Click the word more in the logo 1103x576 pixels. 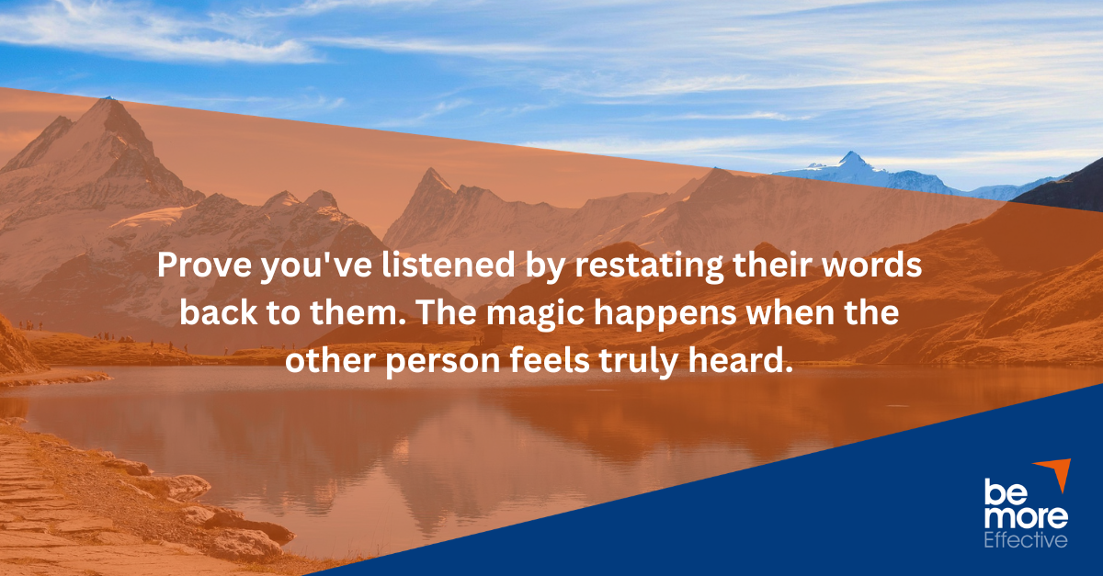pos(1026,518)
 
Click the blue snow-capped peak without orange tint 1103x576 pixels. pos(854,165)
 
